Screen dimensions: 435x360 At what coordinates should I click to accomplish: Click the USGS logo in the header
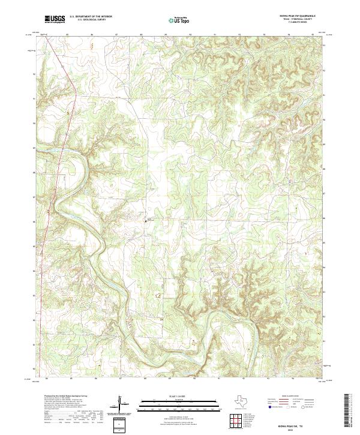(55, 19)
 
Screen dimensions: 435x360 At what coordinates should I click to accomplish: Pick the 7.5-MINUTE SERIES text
(297, 23)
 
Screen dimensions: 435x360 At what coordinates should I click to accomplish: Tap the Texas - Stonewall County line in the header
(297, 20)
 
